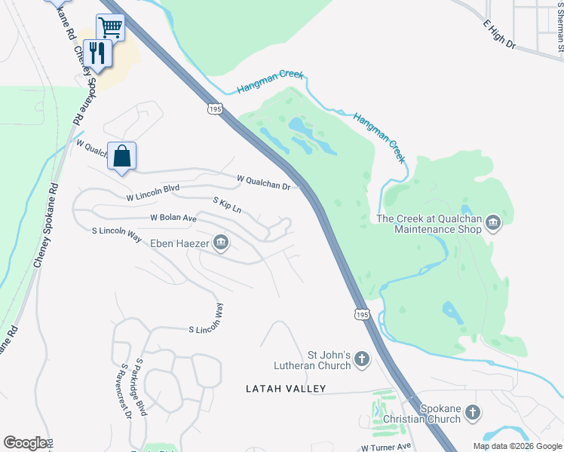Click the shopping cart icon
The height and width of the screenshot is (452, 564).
coord(110,28)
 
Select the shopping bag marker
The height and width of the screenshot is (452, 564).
coord(122,157)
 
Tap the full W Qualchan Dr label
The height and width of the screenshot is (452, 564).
coord(263,182)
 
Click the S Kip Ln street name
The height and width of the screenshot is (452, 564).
coord(227,204)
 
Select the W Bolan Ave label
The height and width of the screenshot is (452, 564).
coord(173,217)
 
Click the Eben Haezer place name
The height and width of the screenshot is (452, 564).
coord(178,243)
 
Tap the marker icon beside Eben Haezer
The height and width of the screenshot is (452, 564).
coord(221,242)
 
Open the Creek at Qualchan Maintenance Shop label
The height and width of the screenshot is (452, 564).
coord(428,224)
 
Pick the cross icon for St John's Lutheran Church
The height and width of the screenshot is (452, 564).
coord(362,359)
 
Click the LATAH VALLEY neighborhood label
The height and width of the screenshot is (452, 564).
coord(286,389)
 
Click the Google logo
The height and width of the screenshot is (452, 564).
coord(25,443)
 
